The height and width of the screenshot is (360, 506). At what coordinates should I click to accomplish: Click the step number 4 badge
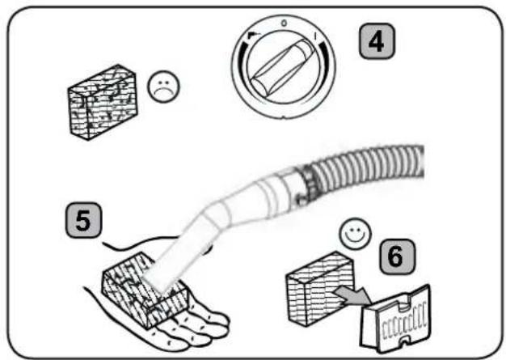click(377, 41)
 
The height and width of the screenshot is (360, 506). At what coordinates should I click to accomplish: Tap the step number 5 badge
click(83, 220)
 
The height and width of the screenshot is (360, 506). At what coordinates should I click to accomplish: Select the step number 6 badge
click(397, 256)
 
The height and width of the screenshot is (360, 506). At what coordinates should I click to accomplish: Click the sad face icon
click(163, 87)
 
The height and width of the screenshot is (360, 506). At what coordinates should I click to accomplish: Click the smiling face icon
click(355, 233)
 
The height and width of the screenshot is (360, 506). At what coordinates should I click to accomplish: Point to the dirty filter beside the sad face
click(103, 102)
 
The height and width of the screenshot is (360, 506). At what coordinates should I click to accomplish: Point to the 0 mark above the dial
click(284, 23)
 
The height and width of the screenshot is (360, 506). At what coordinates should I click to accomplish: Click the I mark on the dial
click(315, 36)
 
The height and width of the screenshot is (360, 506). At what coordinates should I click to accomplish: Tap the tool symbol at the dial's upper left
click(254, 35)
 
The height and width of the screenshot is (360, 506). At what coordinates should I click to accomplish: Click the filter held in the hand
click(145, 289)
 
